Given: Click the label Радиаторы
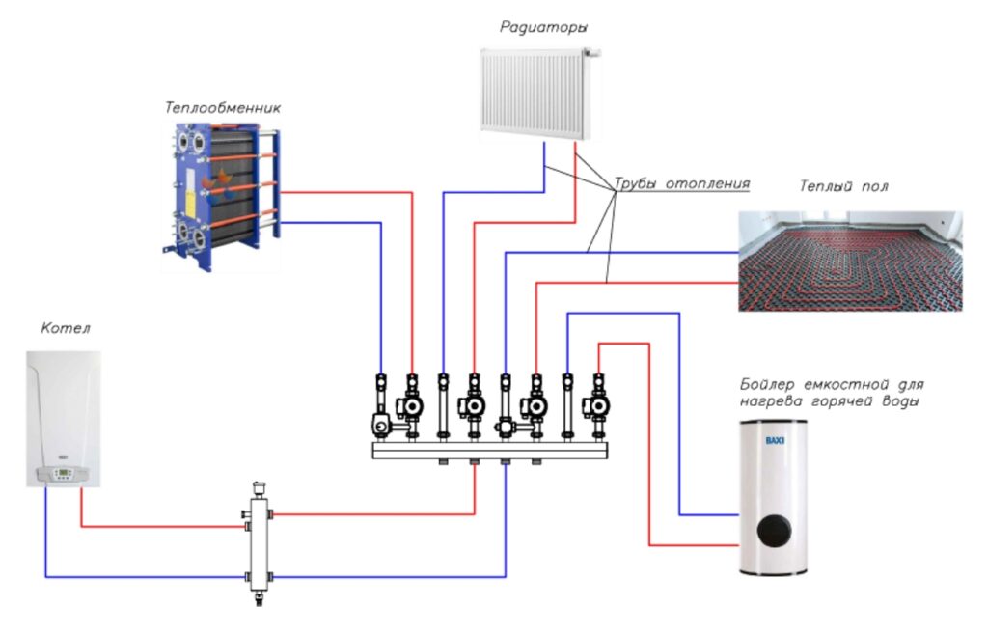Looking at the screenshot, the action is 544,27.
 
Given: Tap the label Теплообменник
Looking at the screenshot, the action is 223,108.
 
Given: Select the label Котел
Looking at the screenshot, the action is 66,328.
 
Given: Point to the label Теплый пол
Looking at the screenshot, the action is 843,186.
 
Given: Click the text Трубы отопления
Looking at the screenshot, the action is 682,184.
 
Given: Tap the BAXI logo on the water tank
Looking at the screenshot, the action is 775,440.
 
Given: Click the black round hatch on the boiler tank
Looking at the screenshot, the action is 774,531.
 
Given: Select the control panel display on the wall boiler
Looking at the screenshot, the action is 63,473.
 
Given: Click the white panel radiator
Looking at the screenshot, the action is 536,94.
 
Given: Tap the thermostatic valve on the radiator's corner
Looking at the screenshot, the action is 591,53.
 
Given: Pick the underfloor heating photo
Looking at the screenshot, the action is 850,261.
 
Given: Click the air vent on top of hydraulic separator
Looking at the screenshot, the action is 259,489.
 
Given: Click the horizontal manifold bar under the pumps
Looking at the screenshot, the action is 490,451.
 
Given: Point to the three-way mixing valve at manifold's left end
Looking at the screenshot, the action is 381,427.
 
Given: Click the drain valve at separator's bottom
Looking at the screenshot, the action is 259,597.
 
